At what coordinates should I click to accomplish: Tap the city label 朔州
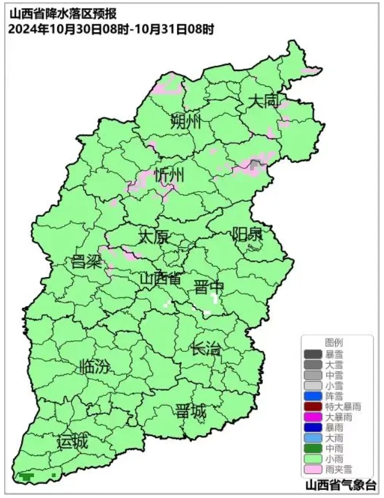185,122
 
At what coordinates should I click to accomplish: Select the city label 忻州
169,176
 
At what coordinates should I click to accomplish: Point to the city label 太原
153,236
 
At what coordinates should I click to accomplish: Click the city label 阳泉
247,233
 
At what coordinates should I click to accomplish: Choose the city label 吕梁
86,262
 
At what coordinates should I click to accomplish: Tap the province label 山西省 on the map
160,278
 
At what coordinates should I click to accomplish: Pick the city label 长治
206,349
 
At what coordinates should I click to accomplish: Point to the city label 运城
73,442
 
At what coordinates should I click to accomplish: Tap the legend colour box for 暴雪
312,354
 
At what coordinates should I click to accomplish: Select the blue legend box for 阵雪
312,396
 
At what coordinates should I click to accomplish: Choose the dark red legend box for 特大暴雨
312,407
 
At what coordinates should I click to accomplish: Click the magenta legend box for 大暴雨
312,417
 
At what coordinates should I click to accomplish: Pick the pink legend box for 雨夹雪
312,469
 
